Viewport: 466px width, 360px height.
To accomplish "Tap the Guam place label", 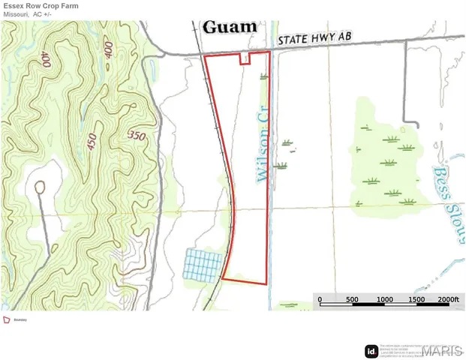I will [x=230, y=28].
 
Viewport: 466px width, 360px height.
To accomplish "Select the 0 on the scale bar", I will [x=320, y=299].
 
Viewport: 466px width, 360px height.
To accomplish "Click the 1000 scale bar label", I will [x=384, y=299].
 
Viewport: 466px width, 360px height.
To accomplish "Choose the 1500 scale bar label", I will [x=416, y=299].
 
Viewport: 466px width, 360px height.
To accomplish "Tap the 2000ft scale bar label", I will [x=448, y=299].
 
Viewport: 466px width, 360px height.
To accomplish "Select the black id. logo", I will [x=371, y=350].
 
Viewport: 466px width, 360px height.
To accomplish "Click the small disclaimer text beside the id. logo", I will [x=398, y=349].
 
